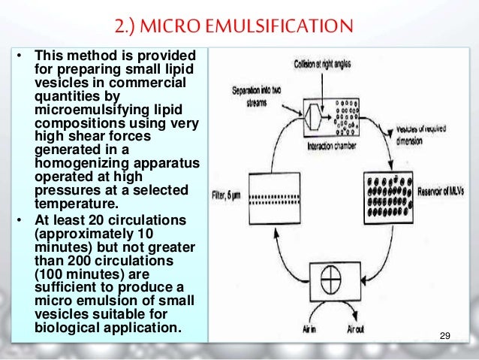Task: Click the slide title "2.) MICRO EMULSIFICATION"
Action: [239, 29]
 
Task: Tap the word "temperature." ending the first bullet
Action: [71, 202]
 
